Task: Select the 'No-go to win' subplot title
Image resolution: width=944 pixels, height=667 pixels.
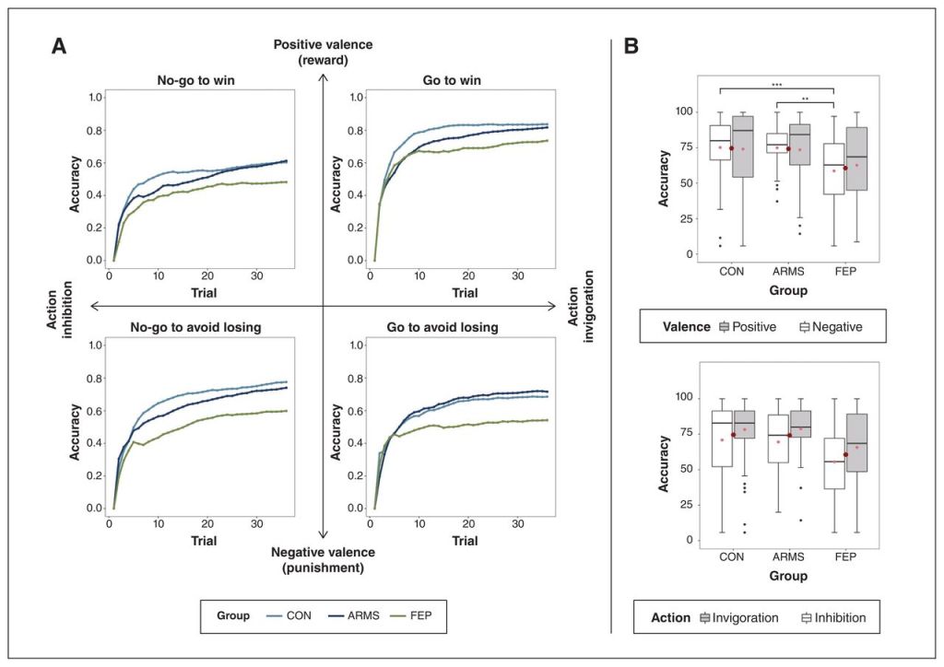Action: (195, 80)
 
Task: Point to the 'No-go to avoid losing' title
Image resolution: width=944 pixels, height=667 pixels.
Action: (195, 327)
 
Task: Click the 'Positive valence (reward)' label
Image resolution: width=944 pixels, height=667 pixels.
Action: (322, 53)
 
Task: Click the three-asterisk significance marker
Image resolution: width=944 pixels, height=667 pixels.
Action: (777, 85)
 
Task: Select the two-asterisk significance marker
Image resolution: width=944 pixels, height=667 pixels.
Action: (805, 99)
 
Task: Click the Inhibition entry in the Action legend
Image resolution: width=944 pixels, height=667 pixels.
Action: (832, 617)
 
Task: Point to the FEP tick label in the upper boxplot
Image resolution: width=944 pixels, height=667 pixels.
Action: (845, 273)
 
